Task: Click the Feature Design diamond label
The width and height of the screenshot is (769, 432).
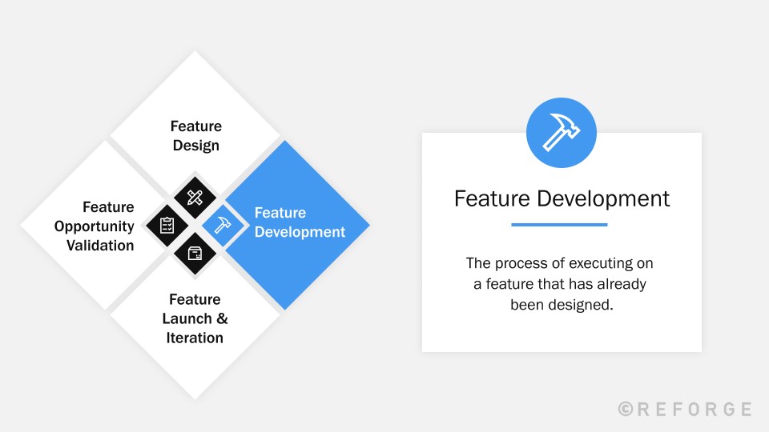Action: tap(196, 136)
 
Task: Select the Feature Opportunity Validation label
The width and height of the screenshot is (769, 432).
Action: tap(95, 226)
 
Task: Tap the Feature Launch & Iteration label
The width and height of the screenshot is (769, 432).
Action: tap(195, 318)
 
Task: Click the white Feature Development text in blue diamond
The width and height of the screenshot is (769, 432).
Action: tap(300, 222)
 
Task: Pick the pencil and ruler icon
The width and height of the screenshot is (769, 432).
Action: tap(195, 197)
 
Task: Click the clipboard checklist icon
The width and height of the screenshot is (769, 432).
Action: tap(167, 226)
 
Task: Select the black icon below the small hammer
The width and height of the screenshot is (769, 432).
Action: tap(195, 254)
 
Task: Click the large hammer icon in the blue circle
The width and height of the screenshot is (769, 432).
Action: tap(562, 133)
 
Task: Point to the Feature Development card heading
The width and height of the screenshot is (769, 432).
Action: tap(562, 198)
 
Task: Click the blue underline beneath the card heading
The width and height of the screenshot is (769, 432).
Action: tap(559, 225)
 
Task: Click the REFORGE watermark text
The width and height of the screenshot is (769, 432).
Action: tap(694, 409)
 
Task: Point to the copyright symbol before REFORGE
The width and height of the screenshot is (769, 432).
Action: tap(626, 409)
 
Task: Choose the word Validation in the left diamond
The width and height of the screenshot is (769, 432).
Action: tap(100, 246)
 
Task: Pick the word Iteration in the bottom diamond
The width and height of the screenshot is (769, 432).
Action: tap(195, 338)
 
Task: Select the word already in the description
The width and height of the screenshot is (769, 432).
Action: tap(619, 283)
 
